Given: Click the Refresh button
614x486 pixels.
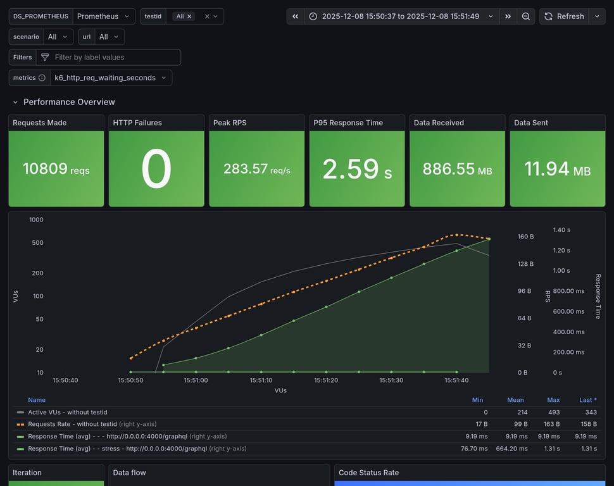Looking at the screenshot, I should pos(564,16).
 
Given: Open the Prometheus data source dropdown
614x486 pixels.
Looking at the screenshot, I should pos(104,16).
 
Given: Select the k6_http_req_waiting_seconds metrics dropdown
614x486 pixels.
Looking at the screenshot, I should pos(110,78).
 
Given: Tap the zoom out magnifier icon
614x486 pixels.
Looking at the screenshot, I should pos(526,16).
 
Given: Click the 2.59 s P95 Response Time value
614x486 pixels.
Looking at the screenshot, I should pos(357,169).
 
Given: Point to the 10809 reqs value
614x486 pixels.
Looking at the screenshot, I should pos(56,169).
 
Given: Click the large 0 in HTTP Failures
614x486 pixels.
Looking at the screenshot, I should pos(156,169).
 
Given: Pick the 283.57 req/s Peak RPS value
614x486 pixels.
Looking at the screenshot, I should pos(256,169).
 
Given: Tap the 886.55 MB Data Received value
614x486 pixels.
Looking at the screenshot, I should pos(457,169).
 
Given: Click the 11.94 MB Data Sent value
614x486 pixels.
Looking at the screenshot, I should pos(557,169).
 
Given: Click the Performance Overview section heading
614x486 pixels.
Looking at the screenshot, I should pos(69,102).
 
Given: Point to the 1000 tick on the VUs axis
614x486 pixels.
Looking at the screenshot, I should pos(36,220).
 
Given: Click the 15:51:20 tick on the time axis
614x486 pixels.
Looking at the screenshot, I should pos(326,380).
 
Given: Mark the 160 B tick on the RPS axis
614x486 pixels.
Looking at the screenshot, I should pos(525,237).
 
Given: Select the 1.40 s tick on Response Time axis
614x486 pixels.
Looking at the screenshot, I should pos(561,230).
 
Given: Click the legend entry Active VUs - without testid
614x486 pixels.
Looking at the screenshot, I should pos(67,412).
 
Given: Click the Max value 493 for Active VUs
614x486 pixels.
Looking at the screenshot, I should pos(553,412).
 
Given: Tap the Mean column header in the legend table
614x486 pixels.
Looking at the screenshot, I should pos(515,400).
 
